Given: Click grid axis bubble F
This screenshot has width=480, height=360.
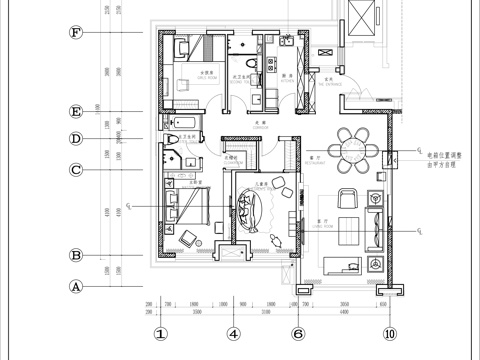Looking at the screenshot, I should [75, 32].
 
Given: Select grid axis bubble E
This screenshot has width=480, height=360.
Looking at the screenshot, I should [75, 112].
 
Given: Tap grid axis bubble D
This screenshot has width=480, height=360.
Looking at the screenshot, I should [75, 139].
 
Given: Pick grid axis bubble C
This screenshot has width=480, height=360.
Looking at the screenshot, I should [75, 170].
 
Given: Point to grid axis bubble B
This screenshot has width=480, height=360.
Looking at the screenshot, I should [75, 256].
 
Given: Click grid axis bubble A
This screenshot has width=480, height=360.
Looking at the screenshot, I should [75, 285].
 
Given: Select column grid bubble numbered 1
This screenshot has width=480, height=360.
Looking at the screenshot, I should [159, 334].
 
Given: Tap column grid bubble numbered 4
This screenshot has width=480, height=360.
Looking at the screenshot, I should [232, 334].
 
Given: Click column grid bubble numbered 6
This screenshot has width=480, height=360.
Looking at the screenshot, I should [297, 334].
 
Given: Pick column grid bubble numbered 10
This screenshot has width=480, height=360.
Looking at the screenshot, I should [390, 334].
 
